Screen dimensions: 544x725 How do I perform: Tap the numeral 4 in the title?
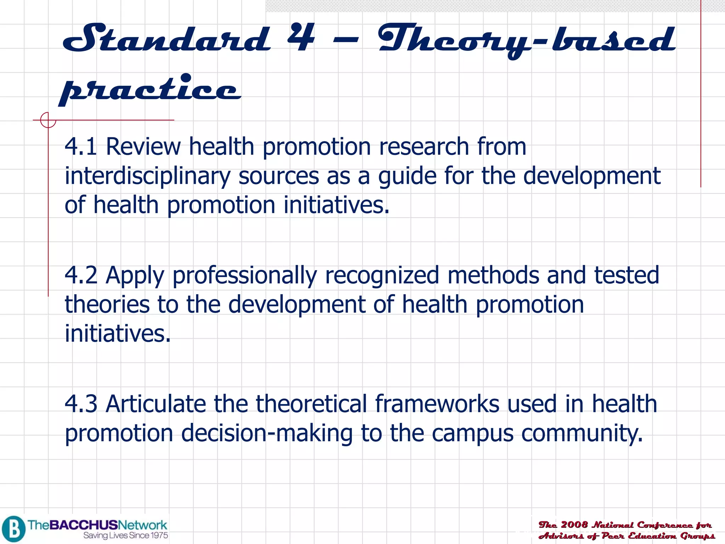point(301,38)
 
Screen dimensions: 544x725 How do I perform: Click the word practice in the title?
point(150,89)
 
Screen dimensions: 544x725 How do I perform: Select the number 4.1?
point(81,147)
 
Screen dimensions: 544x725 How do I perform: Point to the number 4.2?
point(81,275)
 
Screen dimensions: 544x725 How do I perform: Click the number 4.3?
point(81,404)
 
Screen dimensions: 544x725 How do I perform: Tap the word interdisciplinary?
point(147,176)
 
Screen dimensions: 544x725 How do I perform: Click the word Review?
point(143,147)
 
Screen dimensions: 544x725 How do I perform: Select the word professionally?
point(244,276)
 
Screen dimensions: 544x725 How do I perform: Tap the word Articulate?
point(156,404)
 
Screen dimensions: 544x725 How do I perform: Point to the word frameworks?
point(437,404)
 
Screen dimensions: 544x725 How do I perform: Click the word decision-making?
point(267,433)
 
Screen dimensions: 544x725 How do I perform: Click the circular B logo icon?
point(13,529)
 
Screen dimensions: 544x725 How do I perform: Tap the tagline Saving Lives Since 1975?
point(126,535)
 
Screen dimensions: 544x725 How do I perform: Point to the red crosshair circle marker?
point(48,120)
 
